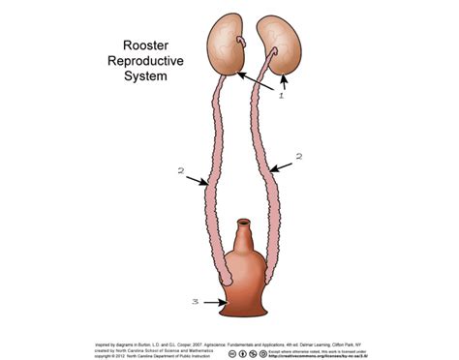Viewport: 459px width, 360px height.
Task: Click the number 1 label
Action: (x=281, y=96)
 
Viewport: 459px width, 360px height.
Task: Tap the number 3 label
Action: (x=195, y=303)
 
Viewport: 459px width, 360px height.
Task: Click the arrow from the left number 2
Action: (x=197, y=181)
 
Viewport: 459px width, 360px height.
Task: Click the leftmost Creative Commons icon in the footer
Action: (x=233, y=353)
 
